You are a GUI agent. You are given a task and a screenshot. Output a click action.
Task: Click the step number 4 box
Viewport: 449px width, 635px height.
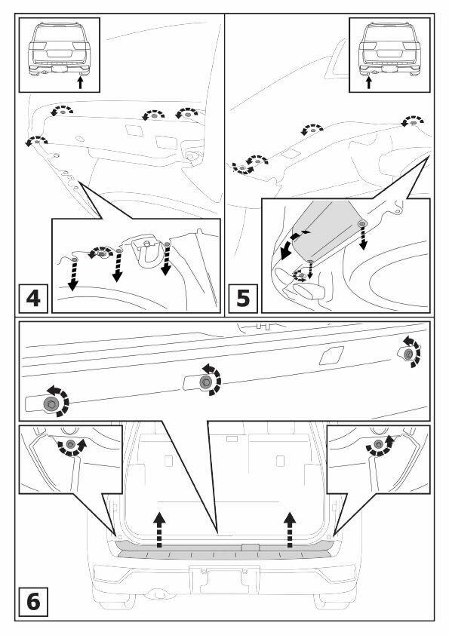pos(33,299)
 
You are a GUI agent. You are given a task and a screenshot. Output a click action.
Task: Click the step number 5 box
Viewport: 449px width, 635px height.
pos(243,299)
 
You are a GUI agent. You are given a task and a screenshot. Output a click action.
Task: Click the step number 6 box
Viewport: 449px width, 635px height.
pos(33,602)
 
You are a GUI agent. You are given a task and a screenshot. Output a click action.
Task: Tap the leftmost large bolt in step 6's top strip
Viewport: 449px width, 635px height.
pos(51,403)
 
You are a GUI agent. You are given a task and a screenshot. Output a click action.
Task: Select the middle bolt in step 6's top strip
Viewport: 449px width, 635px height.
pos(206,382)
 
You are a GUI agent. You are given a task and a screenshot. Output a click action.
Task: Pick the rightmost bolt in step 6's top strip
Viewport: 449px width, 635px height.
pos(408,354)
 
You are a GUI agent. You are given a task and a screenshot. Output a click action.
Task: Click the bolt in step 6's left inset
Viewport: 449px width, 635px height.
pos(70,444)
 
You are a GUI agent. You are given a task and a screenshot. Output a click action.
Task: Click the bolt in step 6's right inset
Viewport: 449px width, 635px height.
pos(379,444)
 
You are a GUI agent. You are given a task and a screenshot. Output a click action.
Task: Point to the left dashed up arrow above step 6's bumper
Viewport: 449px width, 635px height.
pos(160,529)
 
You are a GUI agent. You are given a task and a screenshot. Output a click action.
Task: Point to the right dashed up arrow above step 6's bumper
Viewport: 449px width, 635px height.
pos(289,529)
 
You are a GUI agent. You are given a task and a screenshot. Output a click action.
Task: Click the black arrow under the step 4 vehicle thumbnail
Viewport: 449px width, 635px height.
pos(80,82)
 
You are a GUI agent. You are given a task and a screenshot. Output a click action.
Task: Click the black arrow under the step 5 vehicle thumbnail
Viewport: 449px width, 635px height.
pos(369,82)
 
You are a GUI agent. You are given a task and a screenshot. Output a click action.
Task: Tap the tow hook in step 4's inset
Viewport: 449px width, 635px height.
pos(146,252)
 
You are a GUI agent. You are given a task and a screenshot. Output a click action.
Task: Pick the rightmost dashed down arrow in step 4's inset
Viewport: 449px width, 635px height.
pos(167,260)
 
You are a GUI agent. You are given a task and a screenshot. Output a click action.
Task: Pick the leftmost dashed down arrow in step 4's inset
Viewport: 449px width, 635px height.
pos(73,275)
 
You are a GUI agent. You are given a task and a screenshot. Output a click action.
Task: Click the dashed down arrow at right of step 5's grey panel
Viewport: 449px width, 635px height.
pos(363,238)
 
